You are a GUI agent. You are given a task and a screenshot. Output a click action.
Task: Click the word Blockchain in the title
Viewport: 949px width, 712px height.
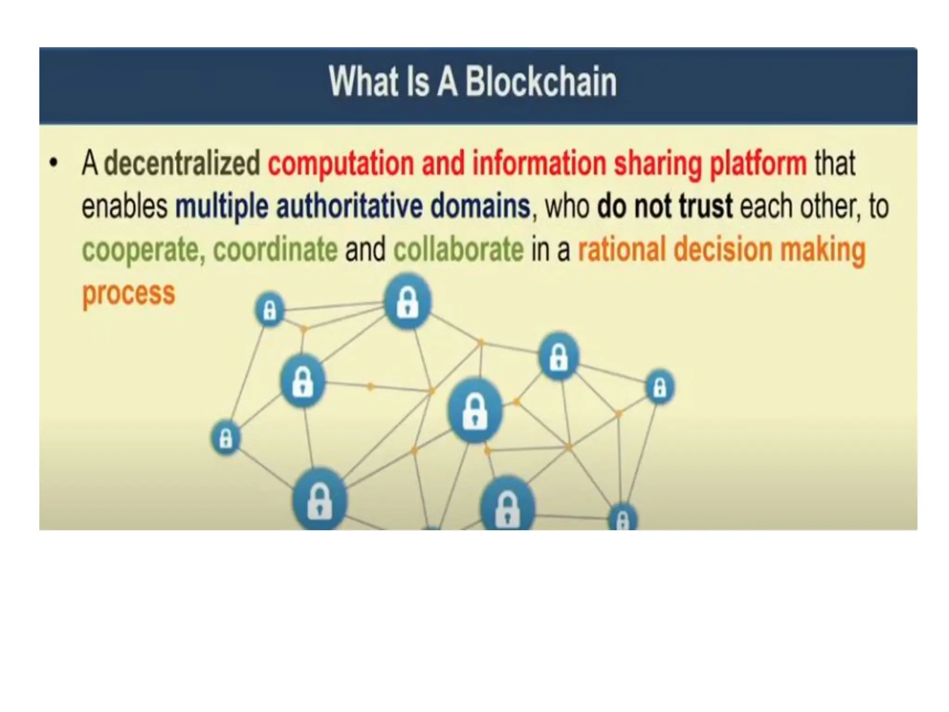click(x=540, y=82)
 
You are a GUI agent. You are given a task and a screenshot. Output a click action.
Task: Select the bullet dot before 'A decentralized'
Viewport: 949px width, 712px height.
click(x=54, y=163)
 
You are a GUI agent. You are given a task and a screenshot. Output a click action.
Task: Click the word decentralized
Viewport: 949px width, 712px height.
click(x=182, y=163)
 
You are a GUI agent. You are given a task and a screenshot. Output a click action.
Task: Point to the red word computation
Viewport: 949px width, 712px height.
click(x=341, y=164)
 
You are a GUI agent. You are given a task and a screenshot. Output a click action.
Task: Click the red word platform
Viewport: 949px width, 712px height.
click(x=759, y=164)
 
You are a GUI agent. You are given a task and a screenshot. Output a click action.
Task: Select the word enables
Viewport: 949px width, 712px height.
click(x=124, y=206)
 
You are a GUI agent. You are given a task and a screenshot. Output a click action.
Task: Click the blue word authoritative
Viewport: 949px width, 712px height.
click(x=349, y=206)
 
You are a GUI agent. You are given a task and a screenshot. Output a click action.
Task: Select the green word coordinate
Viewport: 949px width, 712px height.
click(x=275, y=249)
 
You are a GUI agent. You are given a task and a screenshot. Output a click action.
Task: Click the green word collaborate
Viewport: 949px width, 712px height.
click(x=458, y=249)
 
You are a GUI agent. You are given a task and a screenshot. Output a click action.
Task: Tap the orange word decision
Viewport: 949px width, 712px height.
click(x=723, y=249)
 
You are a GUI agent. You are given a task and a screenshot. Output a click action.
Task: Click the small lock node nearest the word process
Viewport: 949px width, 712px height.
click(x=270, y=309)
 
